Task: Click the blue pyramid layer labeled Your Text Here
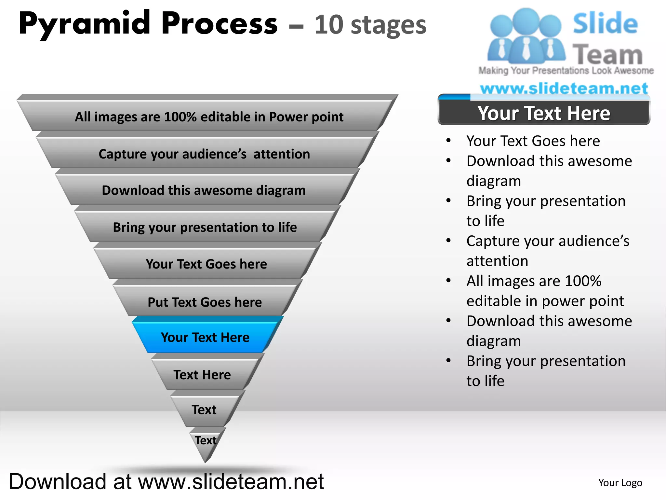(205, 337)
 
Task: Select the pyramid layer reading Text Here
(202, 375)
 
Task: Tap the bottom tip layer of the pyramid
(206, 443)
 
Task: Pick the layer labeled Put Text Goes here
(205, 302)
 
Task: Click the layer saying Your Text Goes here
(206, 264)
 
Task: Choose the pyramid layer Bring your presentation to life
(205, 227)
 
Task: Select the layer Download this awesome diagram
(204, 190)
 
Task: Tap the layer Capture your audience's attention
(204, 154)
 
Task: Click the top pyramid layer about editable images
(209, 117)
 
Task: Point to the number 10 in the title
(328, 25)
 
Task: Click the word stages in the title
(389, 26)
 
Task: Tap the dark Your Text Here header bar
(544, 113)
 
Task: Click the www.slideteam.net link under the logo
(564, 88)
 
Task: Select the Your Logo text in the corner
(620, 483)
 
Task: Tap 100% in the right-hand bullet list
(583, 281)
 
